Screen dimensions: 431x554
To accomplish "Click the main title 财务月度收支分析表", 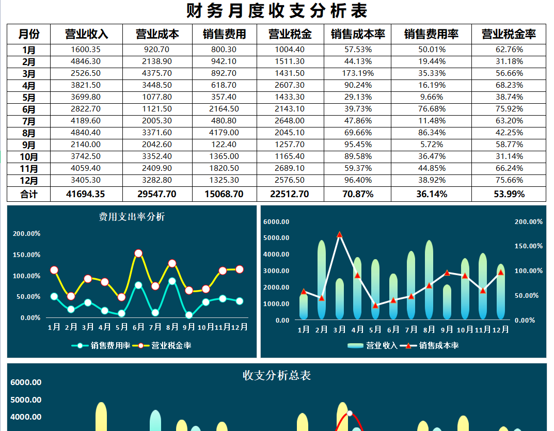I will tap(277, 11).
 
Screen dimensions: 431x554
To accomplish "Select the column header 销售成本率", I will tap(358, 34).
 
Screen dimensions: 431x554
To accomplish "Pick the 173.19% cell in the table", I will tap(358, 73).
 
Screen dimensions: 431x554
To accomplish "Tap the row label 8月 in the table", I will tap(29, 133).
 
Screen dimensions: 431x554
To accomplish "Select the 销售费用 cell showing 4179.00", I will tap(224, 133).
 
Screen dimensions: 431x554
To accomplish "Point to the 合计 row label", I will tap(29, 194).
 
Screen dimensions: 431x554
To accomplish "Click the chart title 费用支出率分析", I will tap(132, 217).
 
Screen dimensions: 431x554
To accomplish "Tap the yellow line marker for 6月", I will tap(138, 253).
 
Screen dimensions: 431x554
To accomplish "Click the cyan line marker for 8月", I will tap(172, 281).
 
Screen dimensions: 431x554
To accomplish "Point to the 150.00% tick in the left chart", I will tap(26, 255).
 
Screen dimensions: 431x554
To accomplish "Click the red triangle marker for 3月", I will tap(339, 234).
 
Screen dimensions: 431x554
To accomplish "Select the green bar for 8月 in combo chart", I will tap(429, 281).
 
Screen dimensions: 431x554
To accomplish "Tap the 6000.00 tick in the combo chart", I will tap(276, 221).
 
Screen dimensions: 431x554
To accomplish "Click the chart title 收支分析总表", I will tap(277, 375).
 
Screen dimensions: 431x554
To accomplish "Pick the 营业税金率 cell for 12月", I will tap(509, 180).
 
